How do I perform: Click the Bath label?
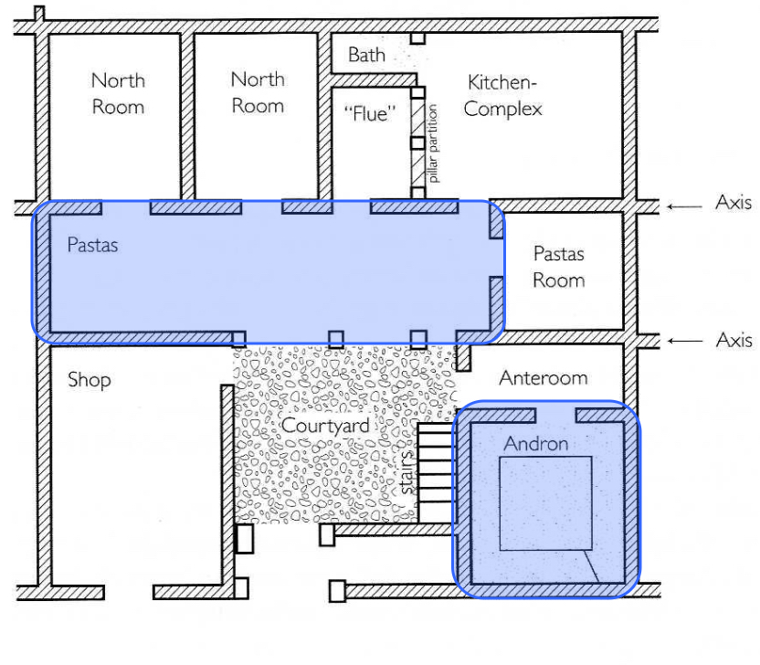pyautogui.click(x=366, y=55)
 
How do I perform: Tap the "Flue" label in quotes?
pyautogui.click(x=371, y=114)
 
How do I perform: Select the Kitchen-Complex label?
pyautogui.click(x=502, y=96)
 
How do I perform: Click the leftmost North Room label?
pyautogui.click(x=118, y=93)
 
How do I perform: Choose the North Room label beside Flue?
pyautogui.click(x=258, y=92)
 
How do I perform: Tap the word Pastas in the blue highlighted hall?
pyautogui.click(x=92, y=246)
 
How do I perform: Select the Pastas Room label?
pyautogui.click(x=558, y=266)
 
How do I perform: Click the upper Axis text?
pyautogui.click(x=734, y=203)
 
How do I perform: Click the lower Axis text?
pyautogui.click(x=734, y=340)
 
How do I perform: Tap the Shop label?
pyautogui.click(x=89, y=379)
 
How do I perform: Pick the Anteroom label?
pyautogui.click(x=544, y=378)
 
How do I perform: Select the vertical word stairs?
pyautogui.click(x=408, y=477)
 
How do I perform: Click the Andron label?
pyautogui.click(x=536, y=445)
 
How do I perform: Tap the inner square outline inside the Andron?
pyautogui.click(x=545, y=503)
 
